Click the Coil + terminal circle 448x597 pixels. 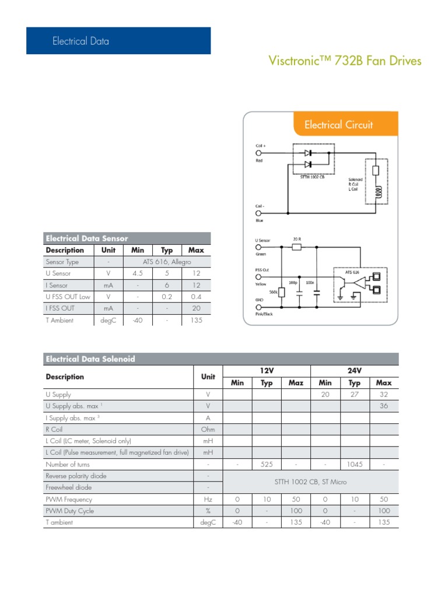coord(258,153)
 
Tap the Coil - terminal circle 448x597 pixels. coord(258,213)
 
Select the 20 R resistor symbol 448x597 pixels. coord(296,247)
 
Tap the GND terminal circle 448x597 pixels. coord(258,307)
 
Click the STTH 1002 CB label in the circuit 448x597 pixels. coord(312,177)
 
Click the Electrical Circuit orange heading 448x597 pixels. coord(338,125)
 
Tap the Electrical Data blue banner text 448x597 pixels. coord(80,41)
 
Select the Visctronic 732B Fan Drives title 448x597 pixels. coord(344,61)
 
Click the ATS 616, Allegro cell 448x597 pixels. coord(167,262)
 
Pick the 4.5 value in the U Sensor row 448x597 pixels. coord(138,274)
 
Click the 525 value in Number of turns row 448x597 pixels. coord(267,465)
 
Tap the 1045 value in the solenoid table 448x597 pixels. coord(355,465)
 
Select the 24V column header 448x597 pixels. coord(355,371)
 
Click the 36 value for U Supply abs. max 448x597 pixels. coord(384,406)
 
